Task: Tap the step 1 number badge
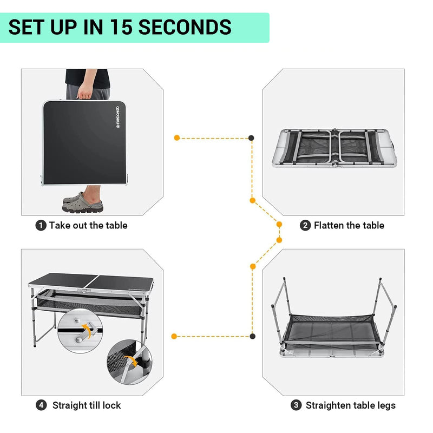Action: (x=41, y=226)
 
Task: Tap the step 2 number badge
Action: (x=305, y=226)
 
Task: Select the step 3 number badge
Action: (x=296, y=405)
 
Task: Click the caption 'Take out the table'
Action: (x=88, y=226)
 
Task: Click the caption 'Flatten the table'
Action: (x=349, y=226)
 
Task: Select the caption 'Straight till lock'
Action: (x=87, y=405)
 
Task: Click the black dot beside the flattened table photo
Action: (x=252, y=138)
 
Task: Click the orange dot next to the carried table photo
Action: (x=176, y=138)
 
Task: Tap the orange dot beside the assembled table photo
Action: (x=174, y=336)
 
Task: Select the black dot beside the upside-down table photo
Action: (x=253, y=336)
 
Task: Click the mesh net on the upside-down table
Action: (x=333, y=327)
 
